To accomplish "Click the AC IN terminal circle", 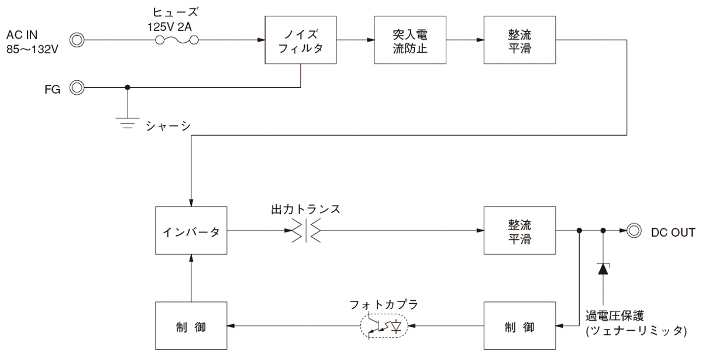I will (77, 40).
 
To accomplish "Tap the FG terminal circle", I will (77, 88).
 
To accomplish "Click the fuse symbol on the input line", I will (177, 40).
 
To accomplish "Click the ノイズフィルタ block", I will (301, 40).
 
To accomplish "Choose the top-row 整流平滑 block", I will (519, 40).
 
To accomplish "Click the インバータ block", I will (191, 231).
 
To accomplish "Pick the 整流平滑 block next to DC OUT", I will (519, 231).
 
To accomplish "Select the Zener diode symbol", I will (603, 268).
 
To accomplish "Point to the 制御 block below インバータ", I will (191, 325).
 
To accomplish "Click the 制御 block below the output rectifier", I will (519, 325).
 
